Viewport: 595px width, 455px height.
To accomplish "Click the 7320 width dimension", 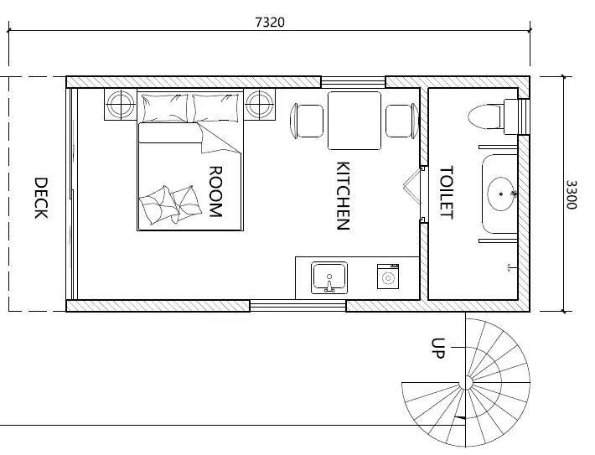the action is coord(269,22).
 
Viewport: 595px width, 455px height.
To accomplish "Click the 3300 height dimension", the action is coord(571,194).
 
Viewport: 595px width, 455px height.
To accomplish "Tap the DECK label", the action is coord(41,198).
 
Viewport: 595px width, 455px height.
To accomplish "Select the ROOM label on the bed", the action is coord(215,192).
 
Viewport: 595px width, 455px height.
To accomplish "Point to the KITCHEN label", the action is coord(343,196).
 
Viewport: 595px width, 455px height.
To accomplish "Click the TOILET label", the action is coord(446,192).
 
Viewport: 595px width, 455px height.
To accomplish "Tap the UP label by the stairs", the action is coord(438,348).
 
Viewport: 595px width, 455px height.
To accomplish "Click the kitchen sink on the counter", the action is coord(329,278).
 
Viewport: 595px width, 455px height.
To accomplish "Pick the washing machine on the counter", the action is coord(388,277).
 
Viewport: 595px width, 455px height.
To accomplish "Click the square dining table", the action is coord(354,121).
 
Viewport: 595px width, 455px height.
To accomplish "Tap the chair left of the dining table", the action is coord(307,121).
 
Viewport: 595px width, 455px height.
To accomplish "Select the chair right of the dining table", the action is coord(402,121).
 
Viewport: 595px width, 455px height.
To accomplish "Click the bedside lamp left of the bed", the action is coord(121,105).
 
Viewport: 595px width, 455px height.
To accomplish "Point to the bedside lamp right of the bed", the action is coord(259,105).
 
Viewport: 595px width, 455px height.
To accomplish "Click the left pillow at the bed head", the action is coord(165,108).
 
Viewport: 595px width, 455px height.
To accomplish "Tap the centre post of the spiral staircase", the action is coord(466,383).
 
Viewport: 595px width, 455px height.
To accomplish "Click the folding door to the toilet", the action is coord(412,186).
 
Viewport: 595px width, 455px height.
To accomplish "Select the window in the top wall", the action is coord(354,82).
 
